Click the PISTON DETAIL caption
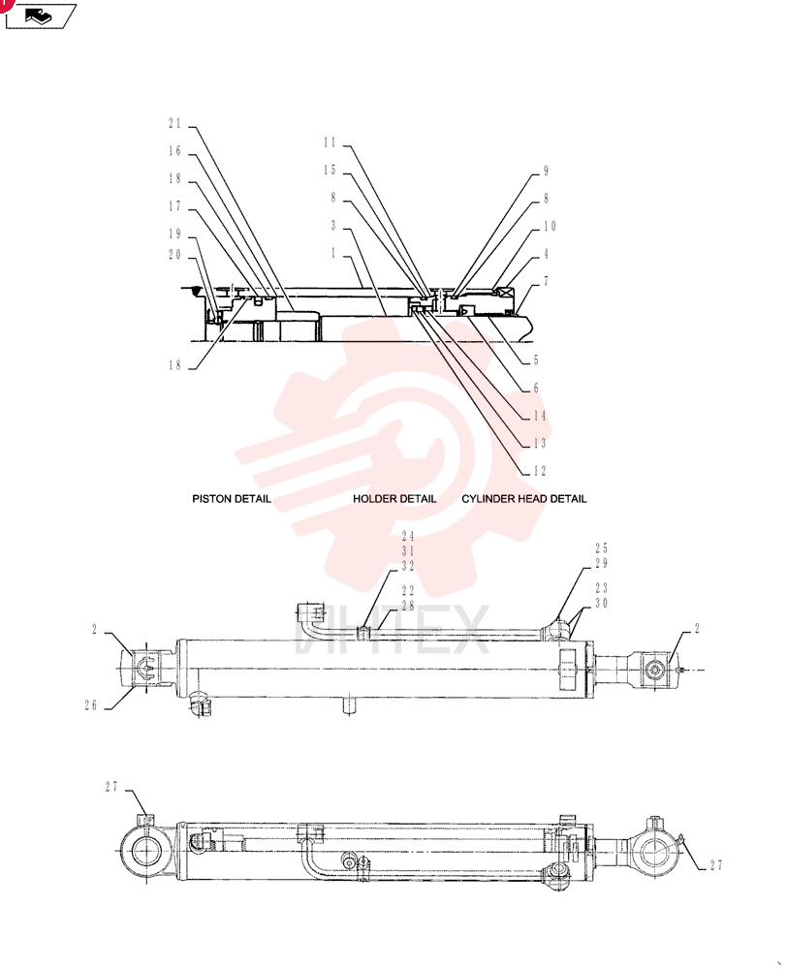pos(232,499)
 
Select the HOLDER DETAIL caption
pos(394,499)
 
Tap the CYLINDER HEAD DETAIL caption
pos(524,499)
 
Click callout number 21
pos(175,124)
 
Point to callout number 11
pos(330,142)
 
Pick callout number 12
pos(540,472)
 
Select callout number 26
pos(91,705)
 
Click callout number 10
pos(550,226)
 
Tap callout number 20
pos(175,255)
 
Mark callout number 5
pos(536,360)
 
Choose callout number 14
pos(540,416)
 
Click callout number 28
pos(408,606)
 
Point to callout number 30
pos(602,603)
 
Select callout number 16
pos(175,151)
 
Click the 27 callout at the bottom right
pos(716,865)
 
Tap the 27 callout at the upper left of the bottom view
pos(111,787)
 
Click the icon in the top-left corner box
pos(40,16)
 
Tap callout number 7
pos(546,282)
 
